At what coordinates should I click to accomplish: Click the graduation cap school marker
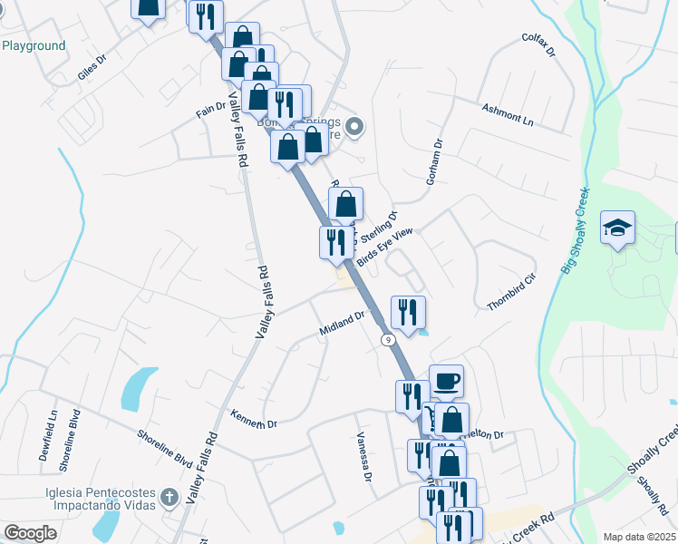coord(617,228)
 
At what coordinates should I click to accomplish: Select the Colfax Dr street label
coord(538,45)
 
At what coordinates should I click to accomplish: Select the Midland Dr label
coord(342,324)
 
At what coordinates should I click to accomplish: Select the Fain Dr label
coord(210,110)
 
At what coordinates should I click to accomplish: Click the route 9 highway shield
coord(387,339)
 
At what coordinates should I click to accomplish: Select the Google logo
coord(31,532)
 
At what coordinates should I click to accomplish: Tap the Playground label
coord(34,45)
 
